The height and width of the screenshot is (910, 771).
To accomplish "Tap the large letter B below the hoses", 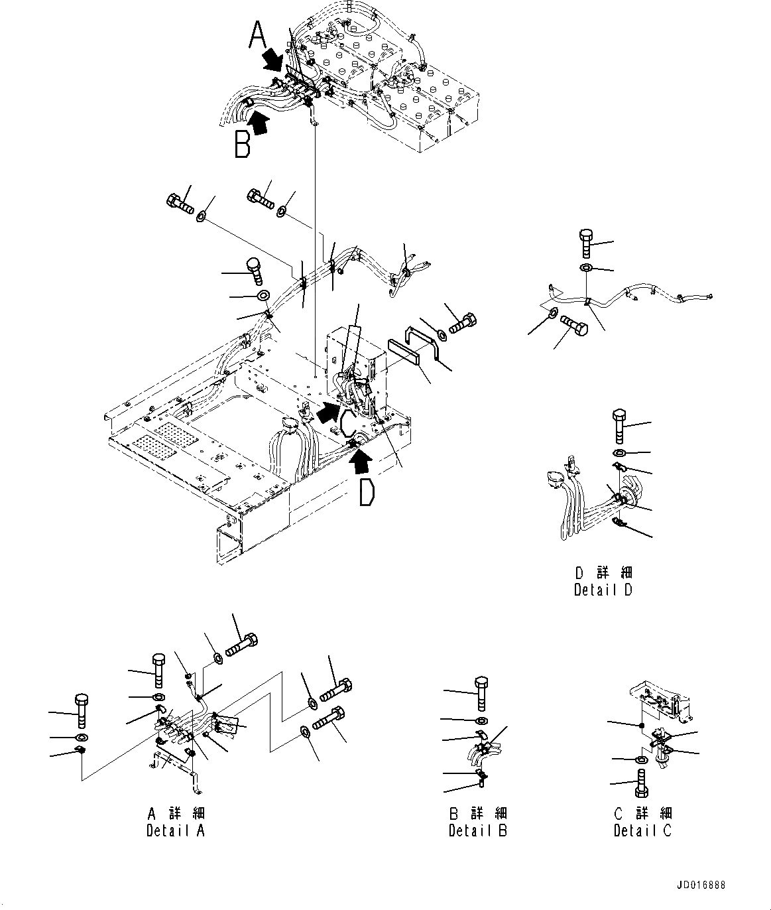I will pos(243,144).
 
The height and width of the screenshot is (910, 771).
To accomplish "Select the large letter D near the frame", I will pos(367,491).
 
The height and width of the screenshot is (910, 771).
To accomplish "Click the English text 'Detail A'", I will pos(176,830).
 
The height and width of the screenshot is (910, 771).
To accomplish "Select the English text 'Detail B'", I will pos(477,830).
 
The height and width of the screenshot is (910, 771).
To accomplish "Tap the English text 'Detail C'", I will pos(642,830).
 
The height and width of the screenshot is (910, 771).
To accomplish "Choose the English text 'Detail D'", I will pos(603,590).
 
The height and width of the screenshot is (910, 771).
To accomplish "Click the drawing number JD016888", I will pos(701,885).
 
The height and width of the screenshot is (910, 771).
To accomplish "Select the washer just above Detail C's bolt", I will pos(642,759).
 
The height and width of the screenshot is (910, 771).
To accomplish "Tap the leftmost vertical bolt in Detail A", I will pos(81,710).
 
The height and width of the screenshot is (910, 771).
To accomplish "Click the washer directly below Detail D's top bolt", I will pos(619,453).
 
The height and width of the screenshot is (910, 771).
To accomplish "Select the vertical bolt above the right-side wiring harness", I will pos(586,243).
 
